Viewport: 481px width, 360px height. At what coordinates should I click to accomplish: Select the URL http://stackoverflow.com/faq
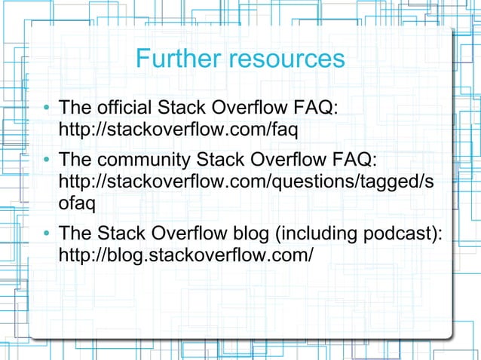(179, 130)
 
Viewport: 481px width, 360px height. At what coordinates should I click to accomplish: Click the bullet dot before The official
(47, 108)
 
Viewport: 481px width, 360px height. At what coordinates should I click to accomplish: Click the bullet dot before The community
(47, 162)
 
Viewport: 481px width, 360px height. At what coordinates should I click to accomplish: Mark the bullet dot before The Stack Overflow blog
(47, 235)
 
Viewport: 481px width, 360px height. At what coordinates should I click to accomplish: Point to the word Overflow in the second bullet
(286, 161)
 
